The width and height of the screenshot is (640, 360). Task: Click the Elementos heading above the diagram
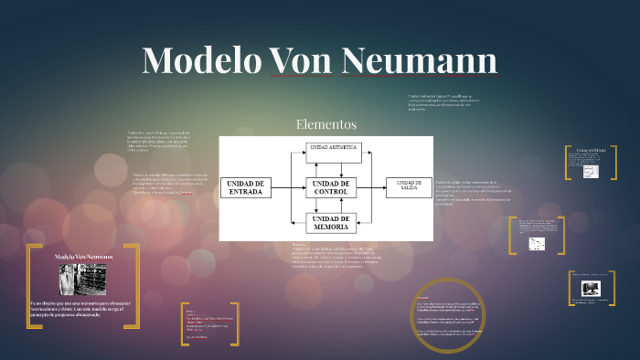[x=325, y=123]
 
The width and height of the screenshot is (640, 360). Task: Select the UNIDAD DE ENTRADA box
[x=245, y=187]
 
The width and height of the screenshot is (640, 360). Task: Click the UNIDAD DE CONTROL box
[x=330, y=187]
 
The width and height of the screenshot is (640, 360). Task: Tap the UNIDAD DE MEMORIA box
[x=330, y=223]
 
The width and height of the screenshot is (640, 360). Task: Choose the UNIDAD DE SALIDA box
[x=409, y=186]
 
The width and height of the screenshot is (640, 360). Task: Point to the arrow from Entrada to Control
[x=288, y=187]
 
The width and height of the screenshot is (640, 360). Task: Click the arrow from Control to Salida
[x=371, y=187]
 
